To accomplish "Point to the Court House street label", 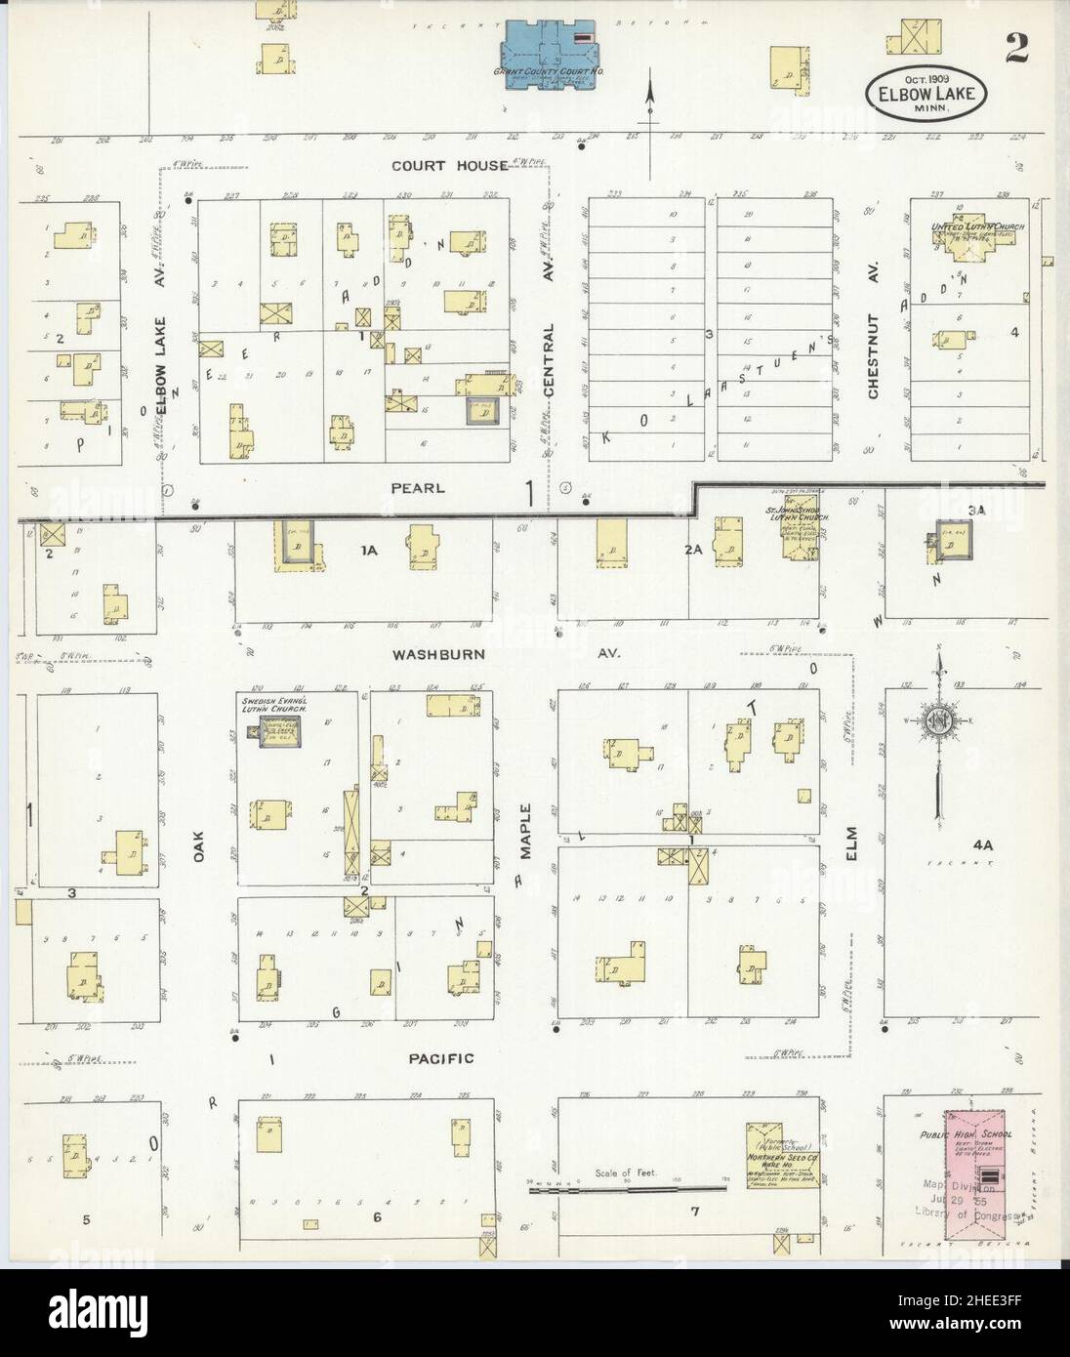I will tap(449, 166).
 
